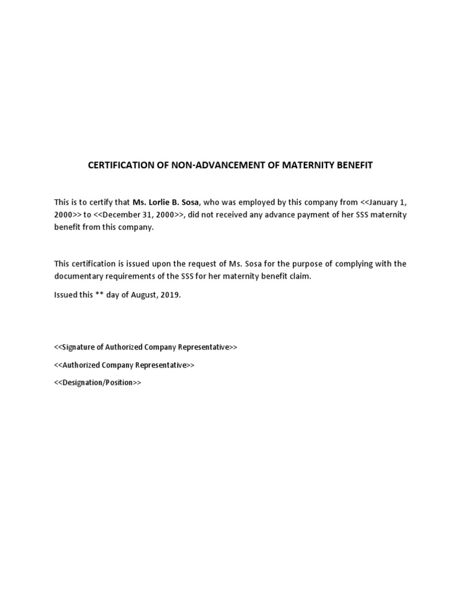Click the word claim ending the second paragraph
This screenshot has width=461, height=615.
point(300,276)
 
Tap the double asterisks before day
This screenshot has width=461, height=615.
point(100,295)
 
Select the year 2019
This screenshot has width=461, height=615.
point(170,295)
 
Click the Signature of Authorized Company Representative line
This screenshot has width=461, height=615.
point(145,347)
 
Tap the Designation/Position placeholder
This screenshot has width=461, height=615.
point(98,383)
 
